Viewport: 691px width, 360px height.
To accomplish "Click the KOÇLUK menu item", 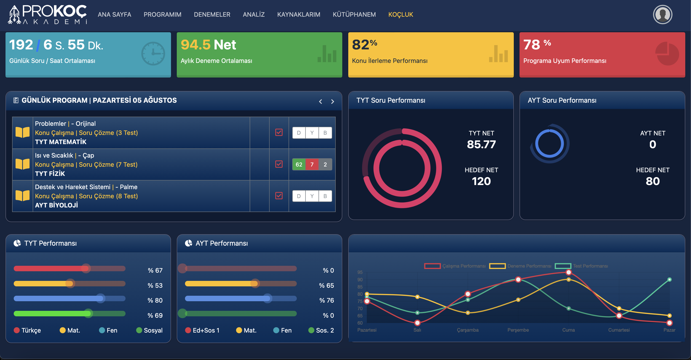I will coord(400,14).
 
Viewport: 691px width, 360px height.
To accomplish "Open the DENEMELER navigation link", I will coord(212,14).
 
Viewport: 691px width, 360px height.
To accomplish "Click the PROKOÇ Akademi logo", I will coord(48,14).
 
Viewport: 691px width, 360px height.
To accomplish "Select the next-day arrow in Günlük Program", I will coord(332,101).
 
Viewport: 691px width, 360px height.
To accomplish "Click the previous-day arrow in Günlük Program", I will coord(320,101).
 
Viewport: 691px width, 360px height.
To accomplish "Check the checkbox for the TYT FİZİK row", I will coord(279,164).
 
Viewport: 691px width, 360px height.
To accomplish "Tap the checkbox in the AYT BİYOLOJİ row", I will coord(279,196).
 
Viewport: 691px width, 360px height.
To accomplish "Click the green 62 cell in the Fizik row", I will coord(299,164).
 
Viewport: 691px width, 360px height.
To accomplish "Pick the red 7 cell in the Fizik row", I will coord(312,164).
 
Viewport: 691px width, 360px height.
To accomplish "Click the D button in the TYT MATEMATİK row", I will coord(299,133).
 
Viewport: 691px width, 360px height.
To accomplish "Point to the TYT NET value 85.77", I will coord(481,144).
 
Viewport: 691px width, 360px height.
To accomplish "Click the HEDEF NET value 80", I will coord(653,181).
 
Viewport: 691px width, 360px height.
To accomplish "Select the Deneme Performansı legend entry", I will coord(520,266).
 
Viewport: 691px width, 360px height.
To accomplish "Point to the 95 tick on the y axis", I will coord(360,272).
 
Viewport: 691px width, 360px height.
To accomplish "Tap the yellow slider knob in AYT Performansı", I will coord(255,283).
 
